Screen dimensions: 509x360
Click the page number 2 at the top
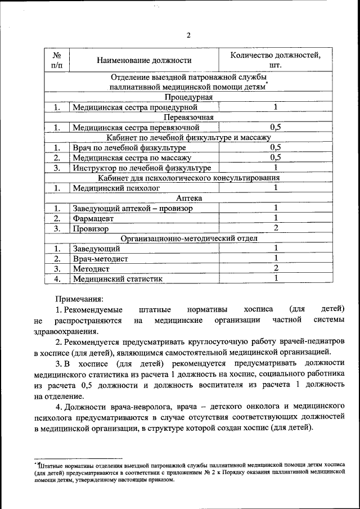tap(188, 35)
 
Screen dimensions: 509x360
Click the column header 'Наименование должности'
tap(144, 60)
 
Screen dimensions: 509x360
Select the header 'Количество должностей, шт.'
tap(275, 60)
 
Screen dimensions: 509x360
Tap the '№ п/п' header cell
tap(57, 60)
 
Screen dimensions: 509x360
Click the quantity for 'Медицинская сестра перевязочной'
tap(276, 127)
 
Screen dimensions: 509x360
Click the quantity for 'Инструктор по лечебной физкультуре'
tap(276, 168)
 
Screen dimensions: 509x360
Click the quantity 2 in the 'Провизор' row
tap(276, 228)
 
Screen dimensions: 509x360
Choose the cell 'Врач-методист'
tap(100, 259)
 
